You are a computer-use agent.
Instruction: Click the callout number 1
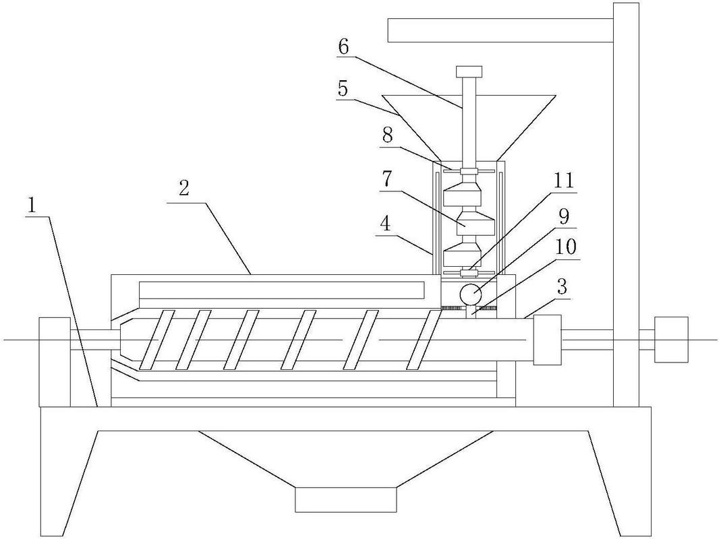[x=32, y=205]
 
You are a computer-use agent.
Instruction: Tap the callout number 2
[x=183, y=189]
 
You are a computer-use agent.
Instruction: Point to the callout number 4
[x=386, y=225]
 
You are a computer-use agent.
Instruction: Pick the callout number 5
[x=343, y=88]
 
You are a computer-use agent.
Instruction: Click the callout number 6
[x=344, y=46]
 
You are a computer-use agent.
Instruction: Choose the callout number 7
[x=386, y=179]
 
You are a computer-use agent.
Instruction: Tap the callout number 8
[x=388, y=136]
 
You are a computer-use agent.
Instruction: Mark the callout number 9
[x=564, y=216]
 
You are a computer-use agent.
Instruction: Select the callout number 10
[x=566, y=247]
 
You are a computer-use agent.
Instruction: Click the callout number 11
[x=564, y=180]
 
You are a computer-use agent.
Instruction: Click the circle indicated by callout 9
[x=471, y=294]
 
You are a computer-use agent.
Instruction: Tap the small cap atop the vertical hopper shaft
[x=469, y=71]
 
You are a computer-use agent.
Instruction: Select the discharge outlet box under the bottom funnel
[x=345, y=499]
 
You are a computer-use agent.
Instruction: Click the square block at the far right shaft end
[x=671, y=340]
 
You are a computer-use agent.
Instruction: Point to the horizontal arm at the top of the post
[x=500, y=30]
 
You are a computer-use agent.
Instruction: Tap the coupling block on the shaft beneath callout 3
[x=548, y=340]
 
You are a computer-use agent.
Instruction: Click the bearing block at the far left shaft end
[x=55, y=362]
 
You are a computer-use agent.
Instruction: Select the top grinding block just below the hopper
[x=462, y=192]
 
